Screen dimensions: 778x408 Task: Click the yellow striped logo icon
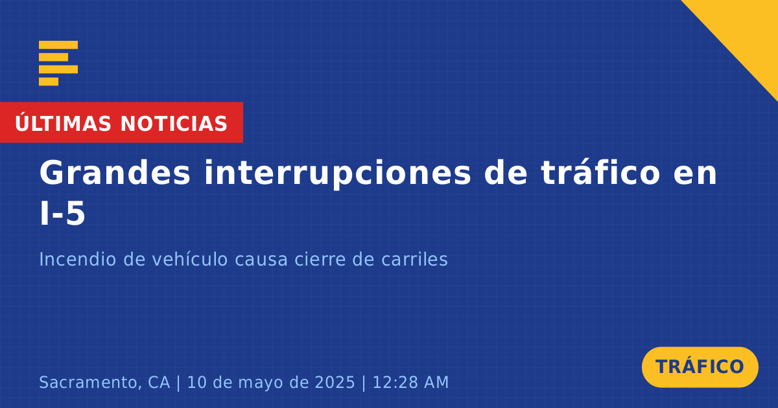(x=58, y=63)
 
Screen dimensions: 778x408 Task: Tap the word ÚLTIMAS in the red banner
(x=63, y=123)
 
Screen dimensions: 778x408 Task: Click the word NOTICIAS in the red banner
(x=174, y=124)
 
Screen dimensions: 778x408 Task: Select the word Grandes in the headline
(x=115, y=173)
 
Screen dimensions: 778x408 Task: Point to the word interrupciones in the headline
(x=337, y=173)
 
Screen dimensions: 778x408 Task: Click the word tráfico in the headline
(x=600, y=172)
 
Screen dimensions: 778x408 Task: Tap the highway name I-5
(x=62, y=214)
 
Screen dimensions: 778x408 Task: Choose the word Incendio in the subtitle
(x=77, y=259)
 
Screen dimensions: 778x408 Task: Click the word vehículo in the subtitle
(x=189, y=259)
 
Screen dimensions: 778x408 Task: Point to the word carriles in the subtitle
(x=414, y=259)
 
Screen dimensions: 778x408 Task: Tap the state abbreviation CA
(x=159, y=382)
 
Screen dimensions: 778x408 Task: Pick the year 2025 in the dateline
(x=335, y=382)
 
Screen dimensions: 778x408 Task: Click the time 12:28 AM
(x=410, y=382)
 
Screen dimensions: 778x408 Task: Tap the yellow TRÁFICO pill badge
(x=700, y=367)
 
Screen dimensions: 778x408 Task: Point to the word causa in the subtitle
(x=261, y=260)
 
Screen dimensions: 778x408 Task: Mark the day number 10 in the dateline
(x=196, y=382)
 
